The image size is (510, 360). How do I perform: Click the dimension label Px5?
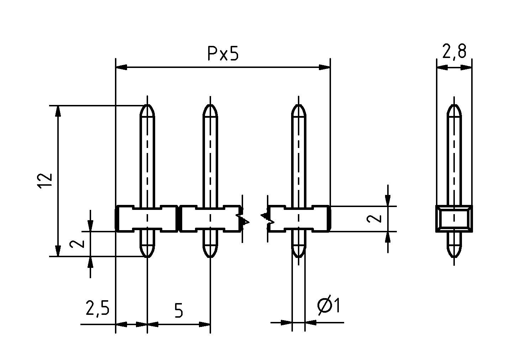pos(223,54)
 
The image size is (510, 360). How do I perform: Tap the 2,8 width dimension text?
pos(454,52)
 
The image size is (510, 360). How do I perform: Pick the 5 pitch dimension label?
pos(179,311)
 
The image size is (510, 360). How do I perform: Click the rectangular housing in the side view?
pos(454,219)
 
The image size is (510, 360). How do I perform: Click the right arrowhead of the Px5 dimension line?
pos(325,67)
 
